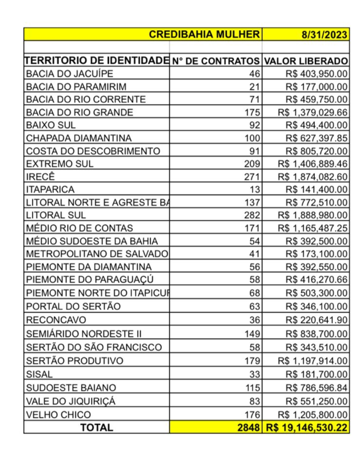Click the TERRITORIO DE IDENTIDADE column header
point(97,61)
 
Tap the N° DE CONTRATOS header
point(216,61)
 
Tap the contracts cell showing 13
point(253,189)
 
